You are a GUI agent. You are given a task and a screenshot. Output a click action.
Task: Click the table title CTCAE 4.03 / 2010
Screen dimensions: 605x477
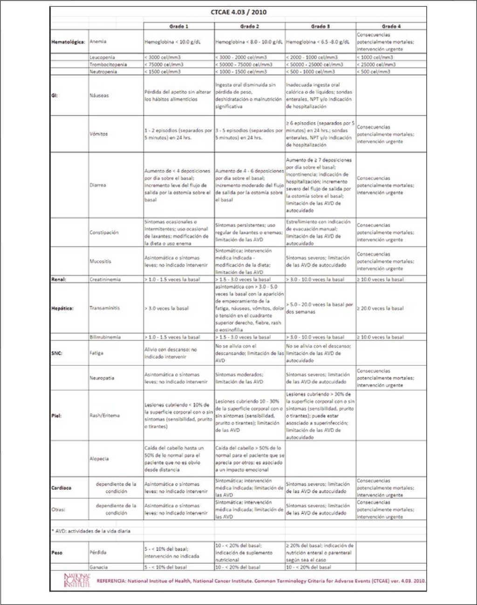click(x=238, y=12)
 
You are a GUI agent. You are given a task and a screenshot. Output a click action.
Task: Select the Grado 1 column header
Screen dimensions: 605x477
click(x=178, y=26)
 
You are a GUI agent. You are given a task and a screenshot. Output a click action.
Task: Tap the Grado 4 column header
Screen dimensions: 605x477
click(x=391, y=26)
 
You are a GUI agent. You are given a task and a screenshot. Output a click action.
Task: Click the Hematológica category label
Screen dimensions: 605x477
click(x=68, y=42)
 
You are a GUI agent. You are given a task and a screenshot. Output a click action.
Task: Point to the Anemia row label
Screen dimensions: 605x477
click(x=98, y=42)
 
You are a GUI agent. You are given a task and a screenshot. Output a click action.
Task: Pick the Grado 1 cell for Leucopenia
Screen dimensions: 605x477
click(x=163, y=57)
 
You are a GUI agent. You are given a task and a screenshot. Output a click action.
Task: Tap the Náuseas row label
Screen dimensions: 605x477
click(x=99, y=96)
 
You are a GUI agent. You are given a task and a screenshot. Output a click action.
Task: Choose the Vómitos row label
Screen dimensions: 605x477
click(x=98, y=134)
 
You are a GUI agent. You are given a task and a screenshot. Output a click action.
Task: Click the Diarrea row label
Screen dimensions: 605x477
click(x=98, y=185)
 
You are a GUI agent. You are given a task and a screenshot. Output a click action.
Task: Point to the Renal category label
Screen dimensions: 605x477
click(x=58, y=279)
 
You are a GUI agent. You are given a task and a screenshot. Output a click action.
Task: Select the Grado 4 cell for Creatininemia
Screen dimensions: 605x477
click(x=380, y=279)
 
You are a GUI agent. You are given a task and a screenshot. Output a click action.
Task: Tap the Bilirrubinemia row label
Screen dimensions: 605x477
click(x=105, y=337)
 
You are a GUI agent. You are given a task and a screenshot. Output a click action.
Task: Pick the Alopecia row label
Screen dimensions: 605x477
click(x=99, y=459)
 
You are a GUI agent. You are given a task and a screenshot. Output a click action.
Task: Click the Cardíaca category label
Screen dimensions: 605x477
click(x=61, y=488)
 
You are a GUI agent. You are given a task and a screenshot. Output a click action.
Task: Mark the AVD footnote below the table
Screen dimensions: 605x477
click(x=90, y=531)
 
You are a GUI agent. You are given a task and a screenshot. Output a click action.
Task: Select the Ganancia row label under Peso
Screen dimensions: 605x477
click(x=98, y=567)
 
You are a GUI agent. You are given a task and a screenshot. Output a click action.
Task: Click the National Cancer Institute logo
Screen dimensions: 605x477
click(x=76, y=580)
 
